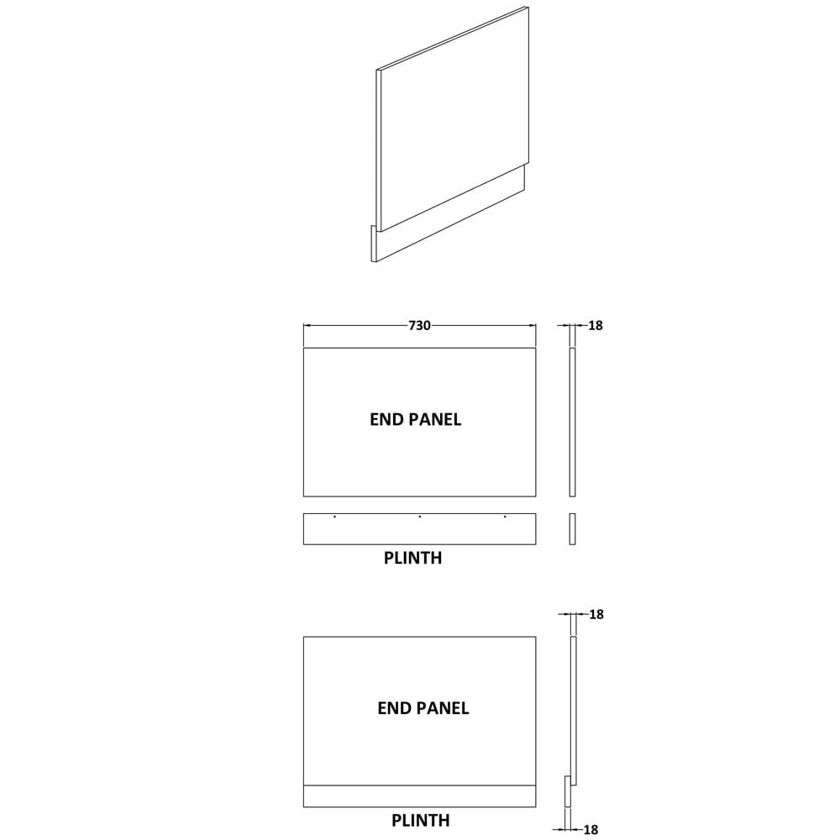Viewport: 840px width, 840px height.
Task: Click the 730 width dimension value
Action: [x=419, y=325]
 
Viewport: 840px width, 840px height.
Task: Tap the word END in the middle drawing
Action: [x=384, y=419]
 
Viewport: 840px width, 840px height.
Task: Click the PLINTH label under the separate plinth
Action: [x=412, y=559]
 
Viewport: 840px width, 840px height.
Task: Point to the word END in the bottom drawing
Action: [x=391, y=708]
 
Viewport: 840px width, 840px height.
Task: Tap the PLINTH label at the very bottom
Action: [x=421, y=820]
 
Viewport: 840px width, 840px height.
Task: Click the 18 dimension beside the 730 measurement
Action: [x=596, y=325]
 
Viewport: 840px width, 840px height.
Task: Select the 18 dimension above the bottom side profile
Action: [x=596, y=615]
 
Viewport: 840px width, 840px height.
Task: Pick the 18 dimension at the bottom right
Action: [x=591, y=830]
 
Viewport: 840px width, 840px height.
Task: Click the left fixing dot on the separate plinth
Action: [x=335, y=517]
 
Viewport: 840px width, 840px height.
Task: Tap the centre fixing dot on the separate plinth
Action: [x=419, y=517]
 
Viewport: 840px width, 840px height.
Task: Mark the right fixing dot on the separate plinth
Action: [x=505, y=517]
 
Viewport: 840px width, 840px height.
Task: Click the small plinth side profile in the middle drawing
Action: [x=572, y=528]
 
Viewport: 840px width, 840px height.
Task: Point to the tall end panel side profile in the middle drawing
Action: [x=572, y=423]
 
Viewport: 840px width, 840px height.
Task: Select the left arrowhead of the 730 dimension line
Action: [x=307, y=325]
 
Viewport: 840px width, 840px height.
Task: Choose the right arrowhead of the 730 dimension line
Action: [x=532, y=325]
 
